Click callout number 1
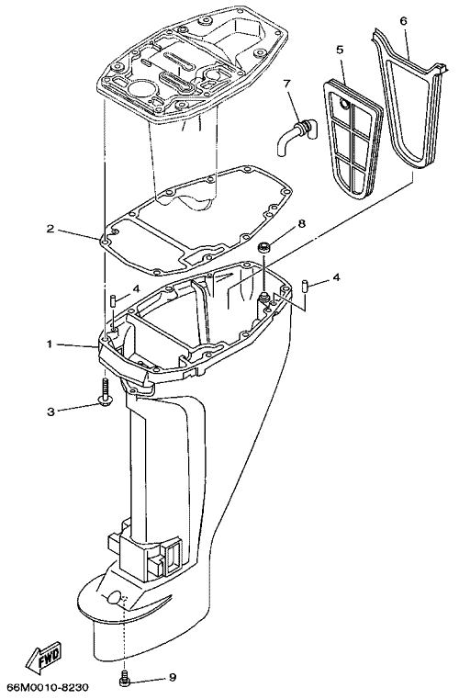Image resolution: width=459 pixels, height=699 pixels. coord(50,344)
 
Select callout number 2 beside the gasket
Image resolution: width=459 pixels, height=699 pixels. coord(50,229)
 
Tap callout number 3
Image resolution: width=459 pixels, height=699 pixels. coord(51,411)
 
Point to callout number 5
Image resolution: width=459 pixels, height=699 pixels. coord(340,50)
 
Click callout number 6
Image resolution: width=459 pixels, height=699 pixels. coord(403,20)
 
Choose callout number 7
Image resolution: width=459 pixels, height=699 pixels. coord(287,84)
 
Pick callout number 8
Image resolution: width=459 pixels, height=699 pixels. coord(302,224)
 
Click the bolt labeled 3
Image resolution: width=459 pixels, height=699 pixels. coord(106,393)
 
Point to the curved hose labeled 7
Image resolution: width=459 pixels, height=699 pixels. coord(294,135)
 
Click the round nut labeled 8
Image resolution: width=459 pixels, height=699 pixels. coord(264,246)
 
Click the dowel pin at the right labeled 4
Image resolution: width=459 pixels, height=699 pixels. coord(306,286)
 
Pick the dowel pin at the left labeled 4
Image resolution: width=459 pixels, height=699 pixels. coord(113,299)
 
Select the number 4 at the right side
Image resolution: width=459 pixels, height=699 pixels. coord(337,277)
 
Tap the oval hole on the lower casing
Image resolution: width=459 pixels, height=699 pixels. coord(115,596)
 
